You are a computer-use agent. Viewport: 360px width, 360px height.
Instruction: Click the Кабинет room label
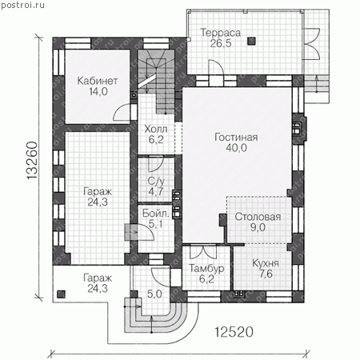click(x=98, y=81)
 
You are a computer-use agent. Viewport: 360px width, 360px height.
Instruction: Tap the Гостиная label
click(x=236, y=137)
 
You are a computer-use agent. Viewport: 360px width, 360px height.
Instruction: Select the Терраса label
click(x=221, y=33)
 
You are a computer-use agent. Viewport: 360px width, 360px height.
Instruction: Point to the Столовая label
click(x=258, y=217)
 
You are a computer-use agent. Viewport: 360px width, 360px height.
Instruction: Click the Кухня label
click(x=266, y=263)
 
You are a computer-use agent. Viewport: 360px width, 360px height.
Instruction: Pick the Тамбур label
click(x=206, y=268)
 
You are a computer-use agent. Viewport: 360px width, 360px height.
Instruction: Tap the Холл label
click(x=156, y=129)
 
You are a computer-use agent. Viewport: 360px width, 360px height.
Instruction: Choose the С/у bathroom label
click(x=156, y=181)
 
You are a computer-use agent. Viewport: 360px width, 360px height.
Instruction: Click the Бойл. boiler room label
click(x=156, y=214)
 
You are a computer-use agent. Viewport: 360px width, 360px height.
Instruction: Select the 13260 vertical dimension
click(x=32, y=160)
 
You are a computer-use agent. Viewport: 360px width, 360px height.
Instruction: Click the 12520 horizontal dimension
click(x=234, y=332)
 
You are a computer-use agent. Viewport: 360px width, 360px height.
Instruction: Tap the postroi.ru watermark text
click(x=22, y=5)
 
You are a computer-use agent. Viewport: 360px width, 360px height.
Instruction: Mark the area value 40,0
click(x=236, y=148)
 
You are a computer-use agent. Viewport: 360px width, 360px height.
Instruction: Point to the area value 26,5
click(x=221, y=43)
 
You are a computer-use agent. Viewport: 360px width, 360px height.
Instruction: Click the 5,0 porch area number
click(x=154, y=294)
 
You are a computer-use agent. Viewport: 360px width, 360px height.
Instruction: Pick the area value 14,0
click(x=98, y=92)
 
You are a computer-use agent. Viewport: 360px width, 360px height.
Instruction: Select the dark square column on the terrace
click(x=251, y=41)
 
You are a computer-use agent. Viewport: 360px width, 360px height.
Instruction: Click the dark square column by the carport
click(x=61, y=294)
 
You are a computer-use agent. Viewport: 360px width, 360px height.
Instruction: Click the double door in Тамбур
click(x=203, y=252)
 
